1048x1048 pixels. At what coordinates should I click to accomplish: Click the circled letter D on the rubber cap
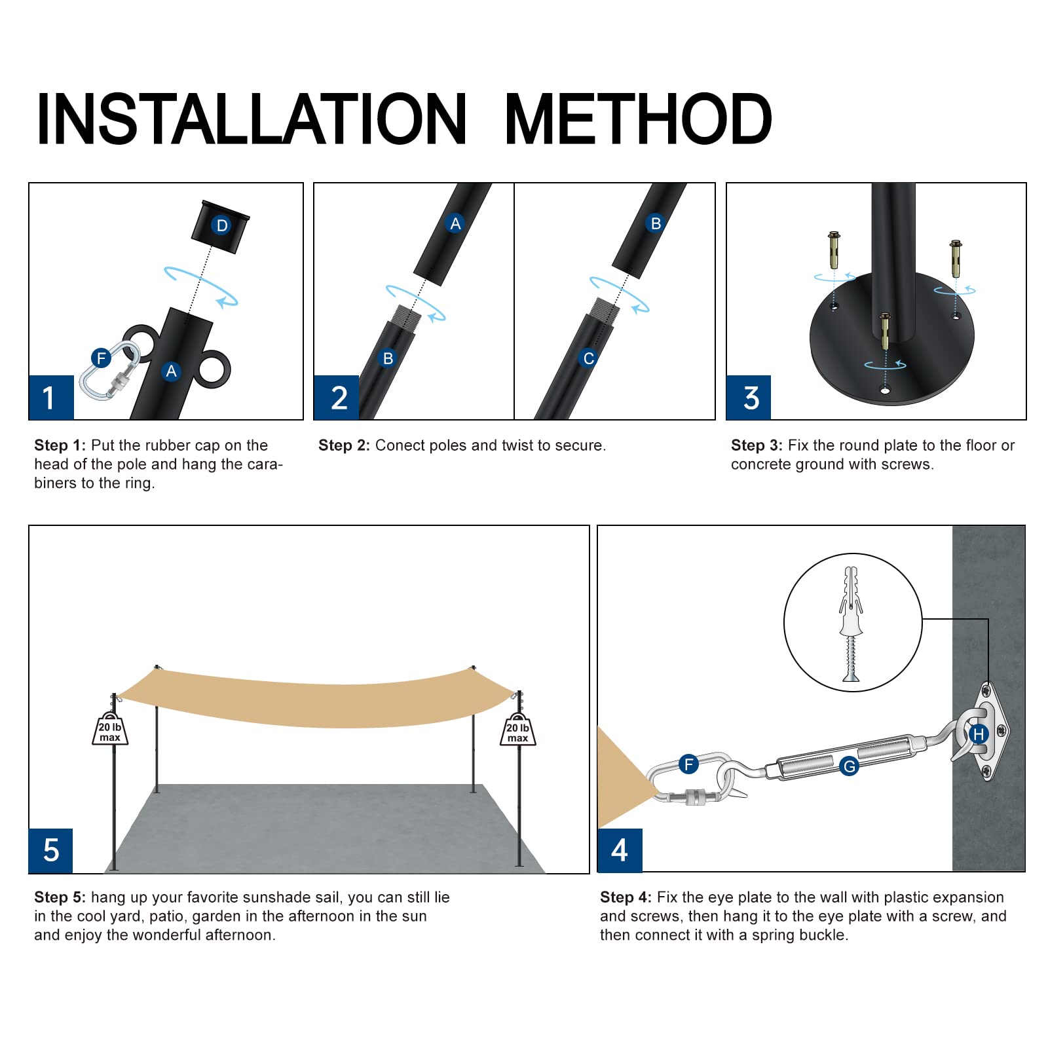(222, 225)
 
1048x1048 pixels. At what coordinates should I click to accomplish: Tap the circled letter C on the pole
(588, 358)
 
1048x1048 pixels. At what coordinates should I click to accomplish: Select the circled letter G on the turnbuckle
(850, 766)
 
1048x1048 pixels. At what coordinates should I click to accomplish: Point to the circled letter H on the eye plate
(979, 734)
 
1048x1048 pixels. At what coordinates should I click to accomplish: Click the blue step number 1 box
(51, 398)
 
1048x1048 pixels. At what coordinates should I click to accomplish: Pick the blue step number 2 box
(337, 398)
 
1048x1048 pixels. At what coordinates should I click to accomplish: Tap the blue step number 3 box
(749, 398)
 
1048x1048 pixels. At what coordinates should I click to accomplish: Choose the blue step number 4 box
(620, 850)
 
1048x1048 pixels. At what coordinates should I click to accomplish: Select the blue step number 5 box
(50, 851)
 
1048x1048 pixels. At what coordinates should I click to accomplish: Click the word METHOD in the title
(639, 119)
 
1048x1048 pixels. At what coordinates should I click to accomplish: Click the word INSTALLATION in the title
(252, 119)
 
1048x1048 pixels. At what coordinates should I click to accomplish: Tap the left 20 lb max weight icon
(110, 729)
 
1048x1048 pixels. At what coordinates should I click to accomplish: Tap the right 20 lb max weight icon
(517, 730)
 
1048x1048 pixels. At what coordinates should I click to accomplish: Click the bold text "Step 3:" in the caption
(757, 445)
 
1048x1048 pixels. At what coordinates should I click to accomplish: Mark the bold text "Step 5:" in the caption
(60, 897)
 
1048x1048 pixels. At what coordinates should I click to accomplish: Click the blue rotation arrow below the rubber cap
(200, 286)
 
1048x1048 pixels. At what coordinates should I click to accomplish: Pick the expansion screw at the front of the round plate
(885, 331)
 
